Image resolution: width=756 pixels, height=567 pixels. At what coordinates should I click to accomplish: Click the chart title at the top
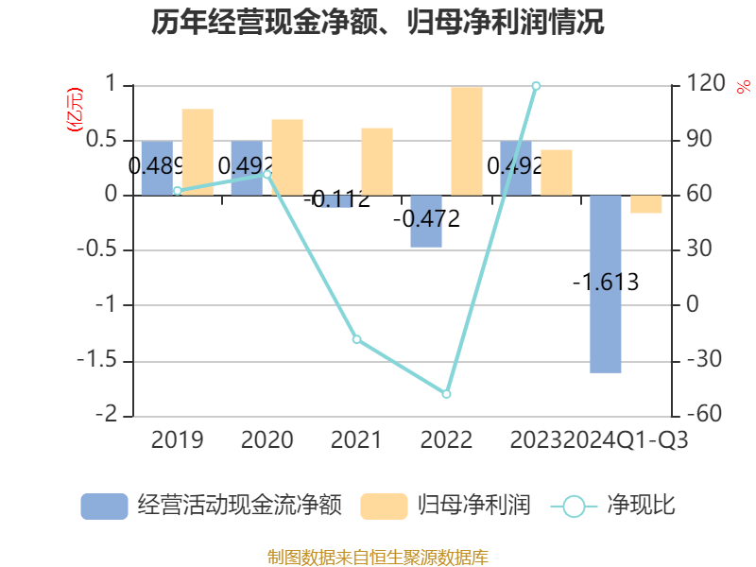click(x=378, y=23)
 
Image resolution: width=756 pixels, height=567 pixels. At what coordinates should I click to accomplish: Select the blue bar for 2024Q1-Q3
click(x=606, y=283)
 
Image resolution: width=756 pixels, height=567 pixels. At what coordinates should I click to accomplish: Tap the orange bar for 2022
click(x=467, y=141)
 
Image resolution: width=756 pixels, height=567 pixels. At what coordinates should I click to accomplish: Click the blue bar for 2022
click(x=426, y=221)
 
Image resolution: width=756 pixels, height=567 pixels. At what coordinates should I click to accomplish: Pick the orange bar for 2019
click(x=198, y=152)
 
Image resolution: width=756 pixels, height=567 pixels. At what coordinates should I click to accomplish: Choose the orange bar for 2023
click(x=557, y=172)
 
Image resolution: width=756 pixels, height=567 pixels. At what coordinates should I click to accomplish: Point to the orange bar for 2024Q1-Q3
click(x=646, y=204)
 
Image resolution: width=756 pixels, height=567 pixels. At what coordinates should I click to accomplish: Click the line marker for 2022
click(x=447, y=394)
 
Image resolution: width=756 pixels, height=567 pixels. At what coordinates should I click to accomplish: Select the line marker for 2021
click(x=357, y=339)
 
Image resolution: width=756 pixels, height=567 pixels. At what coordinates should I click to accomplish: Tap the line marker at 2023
click(x=536, y=86)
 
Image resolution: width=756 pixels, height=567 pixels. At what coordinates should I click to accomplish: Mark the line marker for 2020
click(x=267, y=174)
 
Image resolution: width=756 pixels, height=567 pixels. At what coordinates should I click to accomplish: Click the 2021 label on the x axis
click(x=356, y=440)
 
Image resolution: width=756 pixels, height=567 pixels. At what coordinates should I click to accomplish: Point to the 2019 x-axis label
click(x=177, y=440)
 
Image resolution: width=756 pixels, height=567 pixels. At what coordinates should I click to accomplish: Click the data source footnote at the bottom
click(x=378, y=557)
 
